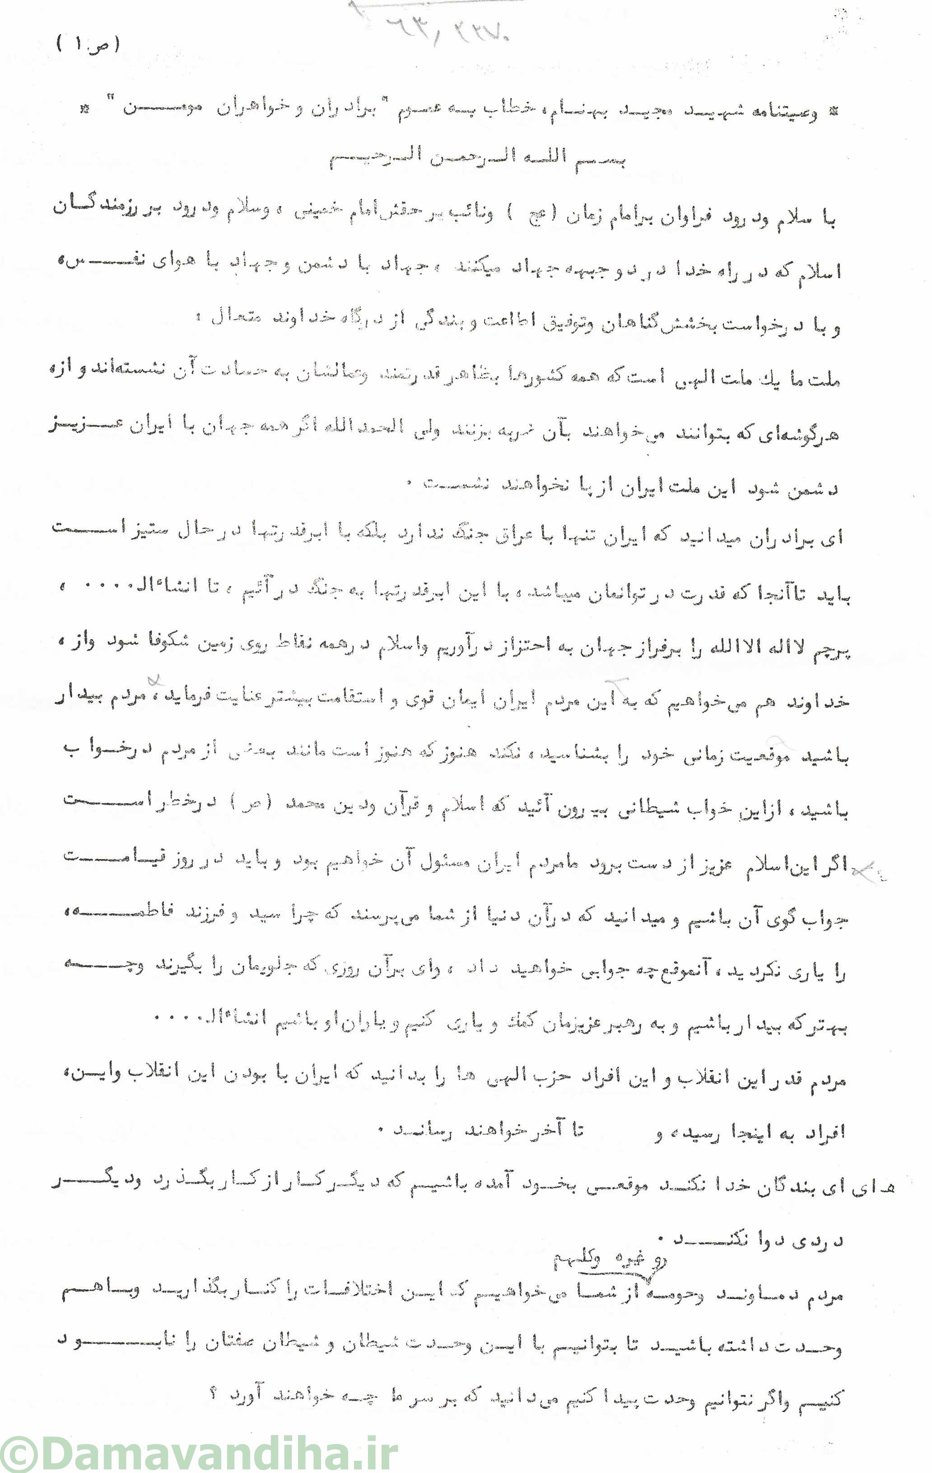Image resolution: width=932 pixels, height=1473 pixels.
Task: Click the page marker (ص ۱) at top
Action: [88, 44]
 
